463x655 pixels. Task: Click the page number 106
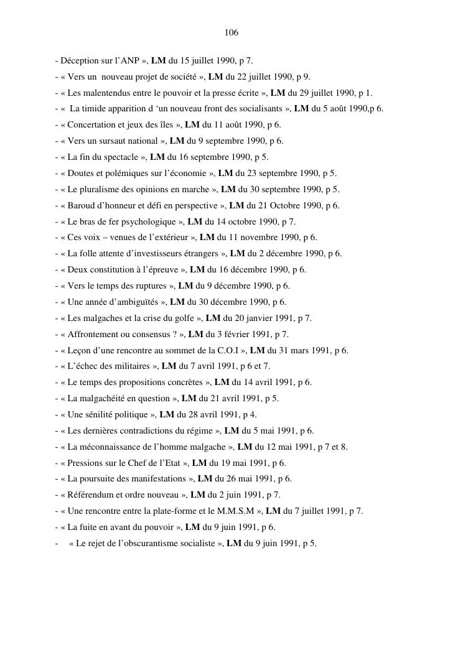click(x=231, y=32)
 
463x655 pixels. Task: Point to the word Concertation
click(x=92, y=125)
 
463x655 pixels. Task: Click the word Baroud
click(x=82, y=206)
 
